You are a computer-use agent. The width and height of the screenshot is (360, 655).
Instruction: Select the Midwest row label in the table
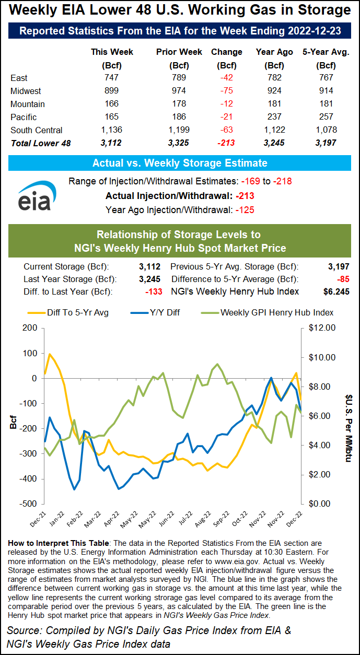pyautogui.click(x=26, y=91)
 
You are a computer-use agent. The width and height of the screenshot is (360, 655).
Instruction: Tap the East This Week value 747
pyautogui.click(x=112, y=78)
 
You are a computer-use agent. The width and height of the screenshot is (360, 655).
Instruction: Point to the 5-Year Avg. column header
pyautogui.click(x=326, y=52)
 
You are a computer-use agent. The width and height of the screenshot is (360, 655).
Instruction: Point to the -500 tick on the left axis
pyautogui.click(x=29, y=504)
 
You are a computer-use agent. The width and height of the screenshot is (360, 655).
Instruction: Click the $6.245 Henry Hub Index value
pyautogui.click(x=336, y=291)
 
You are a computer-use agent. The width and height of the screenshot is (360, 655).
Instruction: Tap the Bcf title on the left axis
pyautogui.click(x=13, y=420)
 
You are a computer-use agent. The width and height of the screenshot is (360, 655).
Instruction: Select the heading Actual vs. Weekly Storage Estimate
pyautogui.click(x=180, y=163)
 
